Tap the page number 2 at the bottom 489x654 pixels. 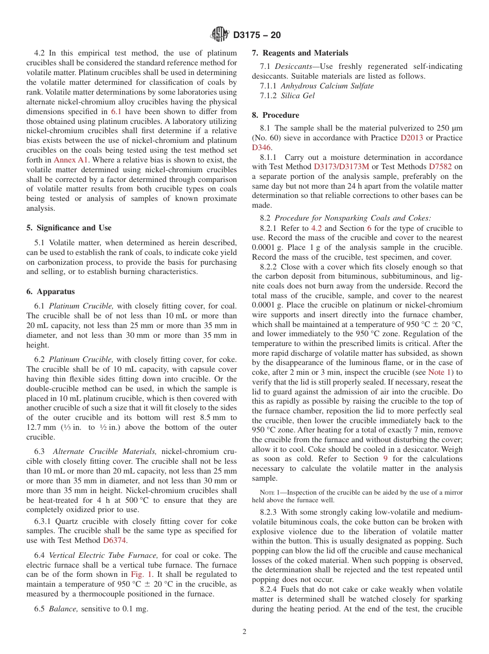pos(244,632)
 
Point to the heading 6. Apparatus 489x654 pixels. pos(50,292)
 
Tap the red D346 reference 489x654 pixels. pos(261,148)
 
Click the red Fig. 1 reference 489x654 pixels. pos(142,574)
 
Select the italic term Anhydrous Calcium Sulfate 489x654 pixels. pos(327,86)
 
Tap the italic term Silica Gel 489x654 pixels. pos(298,96)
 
